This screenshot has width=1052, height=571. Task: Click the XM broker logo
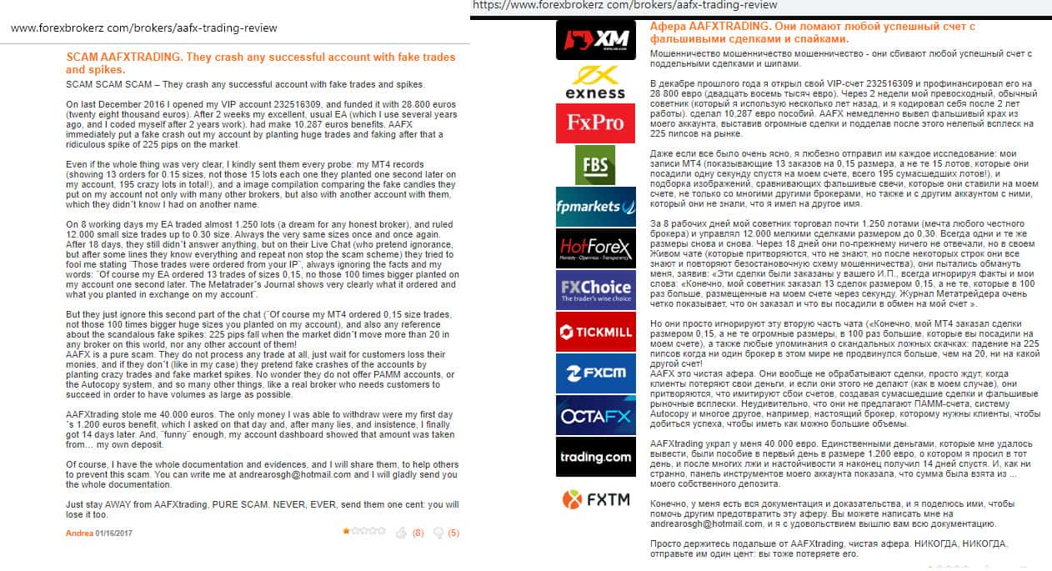click(x=595, y=40)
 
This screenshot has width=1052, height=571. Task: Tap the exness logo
click(x=595, y=82)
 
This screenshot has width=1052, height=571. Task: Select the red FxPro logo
click(x=595, y=123)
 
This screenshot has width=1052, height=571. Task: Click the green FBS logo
click(x=595, y=164)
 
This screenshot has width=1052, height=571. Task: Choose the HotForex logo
click(x=595, y=248)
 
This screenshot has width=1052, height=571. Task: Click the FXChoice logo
click(x=595, y=290)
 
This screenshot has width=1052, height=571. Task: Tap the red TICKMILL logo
click(x=595, y=332)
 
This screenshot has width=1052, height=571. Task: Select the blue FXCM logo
click(x=595, y=373)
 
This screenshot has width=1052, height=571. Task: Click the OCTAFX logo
click(x=595, y=415)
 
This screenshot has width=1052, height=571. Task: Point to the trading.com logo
click(x=595, y=456)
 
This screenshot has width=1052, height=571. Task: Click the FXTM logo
click(x=595, y=499)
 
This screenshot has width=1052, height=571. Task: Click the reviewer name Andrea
click(x=79, y=533)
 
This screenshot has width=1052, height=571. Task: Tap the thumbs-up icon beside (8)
click(x=401, y=532)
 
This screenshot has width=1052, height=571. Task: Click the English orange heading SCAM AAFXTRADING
click(x=260, y=63)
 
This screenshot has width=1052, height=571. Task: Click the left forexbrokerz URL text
click(x=143, y=28)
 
